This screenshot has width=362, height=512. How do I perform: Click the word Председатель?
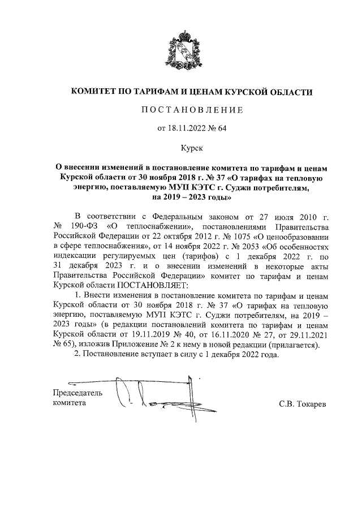click(x=77, y=393)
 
